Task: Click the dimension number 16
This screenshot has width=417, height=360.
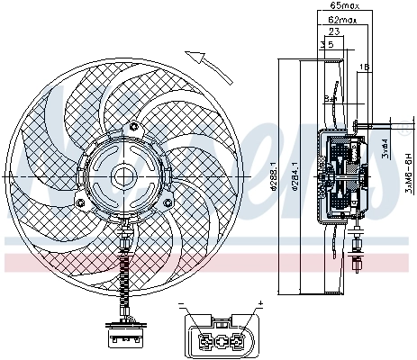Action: coord(363,67)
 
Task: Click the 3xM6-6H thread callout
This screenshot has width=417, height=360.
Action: coord(408,171)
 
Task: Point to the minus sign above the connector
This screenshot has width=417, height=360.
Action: coord(182,303)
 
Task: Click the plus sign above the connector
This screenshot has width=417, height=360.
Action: coord(259,303)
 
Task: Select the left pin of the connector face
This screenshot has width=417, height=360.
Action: coord(205,341)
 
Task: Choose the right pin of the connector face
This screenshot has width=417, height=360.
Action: coord(236,341)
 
